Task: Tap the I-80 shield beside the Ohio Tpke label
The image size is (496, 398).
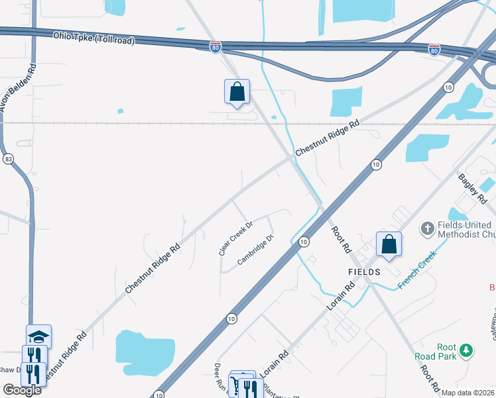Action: point(215,47)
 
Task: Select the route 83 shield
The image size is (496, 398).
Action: point(8,159)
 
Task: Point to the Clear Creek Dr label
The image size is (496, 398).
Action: point(237,239)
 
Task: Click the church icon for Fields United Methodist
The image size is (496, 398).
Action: point(427,230)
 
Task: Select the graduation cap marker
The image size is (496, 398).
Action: point(38,336)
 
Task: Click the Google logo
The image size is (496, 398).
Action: point(22,390)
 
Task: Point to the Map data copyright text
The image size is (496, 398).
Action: point(468,393)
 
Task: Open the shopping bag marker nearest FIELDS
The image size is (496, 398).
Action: point(389,244)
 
